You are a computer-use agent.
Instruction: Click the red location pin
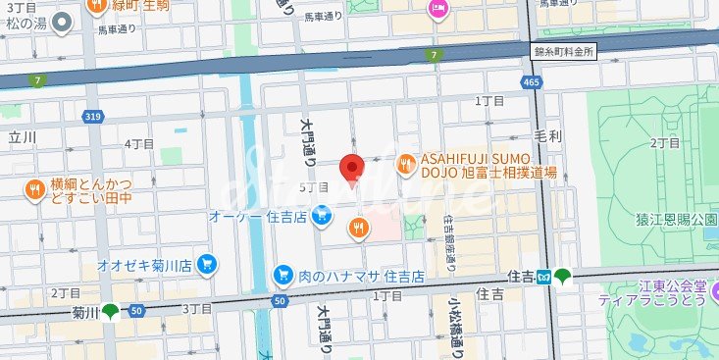pyautogui.click(x=352, y=169)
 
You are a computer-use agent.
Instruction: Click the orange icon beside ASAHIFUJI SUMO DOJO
pyautogui.click(x=404, y=166)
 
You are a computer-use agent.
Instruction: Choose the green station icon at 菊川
pyautogui.click(x=110, y=313)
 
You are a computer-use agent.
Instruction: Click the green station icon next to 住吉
pyautogui.click(x=562, y=278)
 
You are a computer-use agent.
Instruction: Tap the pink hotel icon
pyautogui.click(x=437, y=10)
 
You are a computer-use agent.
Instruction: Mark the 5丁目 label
pyautogui.click(x=314, y=186)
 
